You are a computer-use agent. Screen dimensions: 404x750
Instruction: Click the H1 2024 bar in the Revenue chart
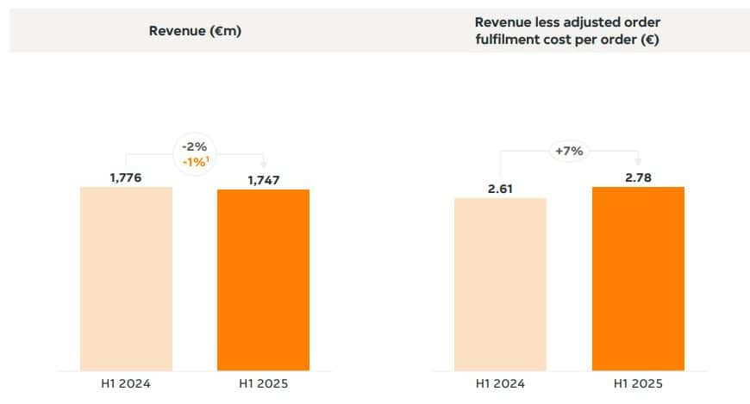coord(126,278)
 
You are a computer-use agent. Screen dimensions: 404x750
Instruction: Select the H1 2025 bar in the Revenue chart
coord(263,280)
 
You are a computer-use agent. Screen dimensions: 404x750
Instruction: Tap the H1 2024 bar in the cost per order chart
coord(500,284)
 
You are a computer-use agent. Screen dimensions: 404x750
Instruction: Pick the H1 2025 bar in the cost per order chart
coord(638,278)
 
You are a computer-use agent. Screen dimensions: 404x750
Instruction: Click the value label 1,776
coord(126,177)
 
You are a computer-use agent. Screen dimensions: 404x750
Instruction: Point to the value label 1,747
coord(263,180)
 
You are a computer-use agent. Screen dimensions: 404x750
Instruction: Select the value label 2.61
coord(500,189)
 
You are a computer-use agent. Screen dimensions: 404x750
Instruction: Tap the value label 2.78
coord(638,177)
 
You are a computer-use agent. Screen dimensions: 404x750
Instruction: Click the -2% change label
coord(195,146)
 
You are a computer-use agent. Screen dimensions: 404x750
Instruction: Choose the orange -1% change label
coord(194,162)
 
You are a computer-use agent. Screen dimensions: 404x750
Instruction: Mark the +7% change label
coord(569,151)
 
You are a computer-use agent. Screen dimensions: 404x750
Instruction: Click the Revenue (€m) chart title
coord(194,31)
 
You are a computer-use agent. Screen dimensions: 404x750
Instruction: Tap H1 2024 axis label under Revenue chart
coord(126,384)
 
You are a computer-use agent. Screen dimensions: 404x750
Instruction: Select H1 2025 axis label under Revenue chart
coord(263,384)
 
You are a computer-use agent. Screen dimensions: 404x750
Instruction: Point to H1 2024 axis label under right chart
coord(500,384)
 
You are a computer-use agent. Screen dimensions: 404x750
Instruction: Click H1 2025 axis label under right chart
coord(638,384)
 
